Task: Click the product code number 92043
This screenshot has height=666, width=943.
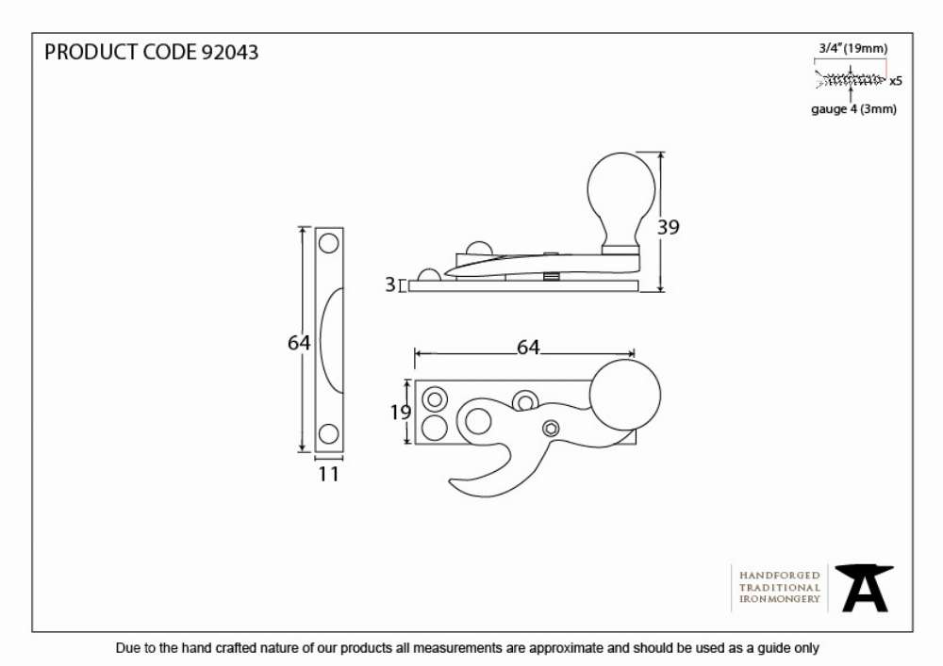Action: (x=229, y=52)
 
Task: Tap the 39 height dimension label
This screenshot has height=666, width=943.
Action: (x=669, y=227)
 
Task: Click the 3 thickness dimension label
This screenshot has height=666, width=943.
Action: (x=390, y=284)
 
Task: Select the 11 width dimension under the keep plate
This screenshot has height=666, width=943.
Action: (x=328, y=474)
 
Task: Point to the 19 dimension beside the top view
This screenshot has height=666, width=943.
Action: (x=400, y=412)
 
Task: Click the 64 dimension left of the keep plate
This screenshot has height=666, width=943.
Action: (x=299, y=342)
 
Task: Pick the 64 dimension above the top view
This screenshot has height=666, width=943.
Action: (x=528, y=347)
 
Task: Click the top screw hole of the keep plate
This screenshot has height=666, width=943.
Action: (x=328, y=243)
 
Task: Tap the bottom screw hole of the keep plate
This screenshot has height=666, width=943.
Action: (x=328, y=433)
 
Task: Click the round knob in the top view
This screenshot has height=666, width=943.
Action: (x=625, y=395)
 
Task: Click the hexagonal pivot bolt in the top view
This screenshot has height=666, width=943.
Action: (x=551, y=429)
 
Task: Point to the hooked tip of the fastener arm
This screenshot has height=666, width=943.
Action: (x=453, y=481)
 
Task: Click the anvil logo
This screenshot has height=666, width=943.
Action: (x=864, y=588)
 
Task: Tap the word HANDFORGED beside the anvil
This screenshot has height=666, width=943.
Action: (x=780, y=576)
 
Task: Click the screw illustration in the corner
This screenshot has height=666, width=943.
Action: (x=851, y=79)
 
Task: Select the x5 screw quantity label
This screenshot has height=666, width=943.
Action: (x=896, y=80)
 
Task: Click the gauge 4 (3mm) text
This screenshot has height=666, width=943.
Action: (x=853, y=109)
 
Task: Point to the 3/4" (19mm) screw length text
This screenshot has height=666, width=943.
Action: (x=852, y=49)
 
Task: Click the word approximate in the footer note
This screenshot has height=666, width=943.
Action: (x=566, y=649)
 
